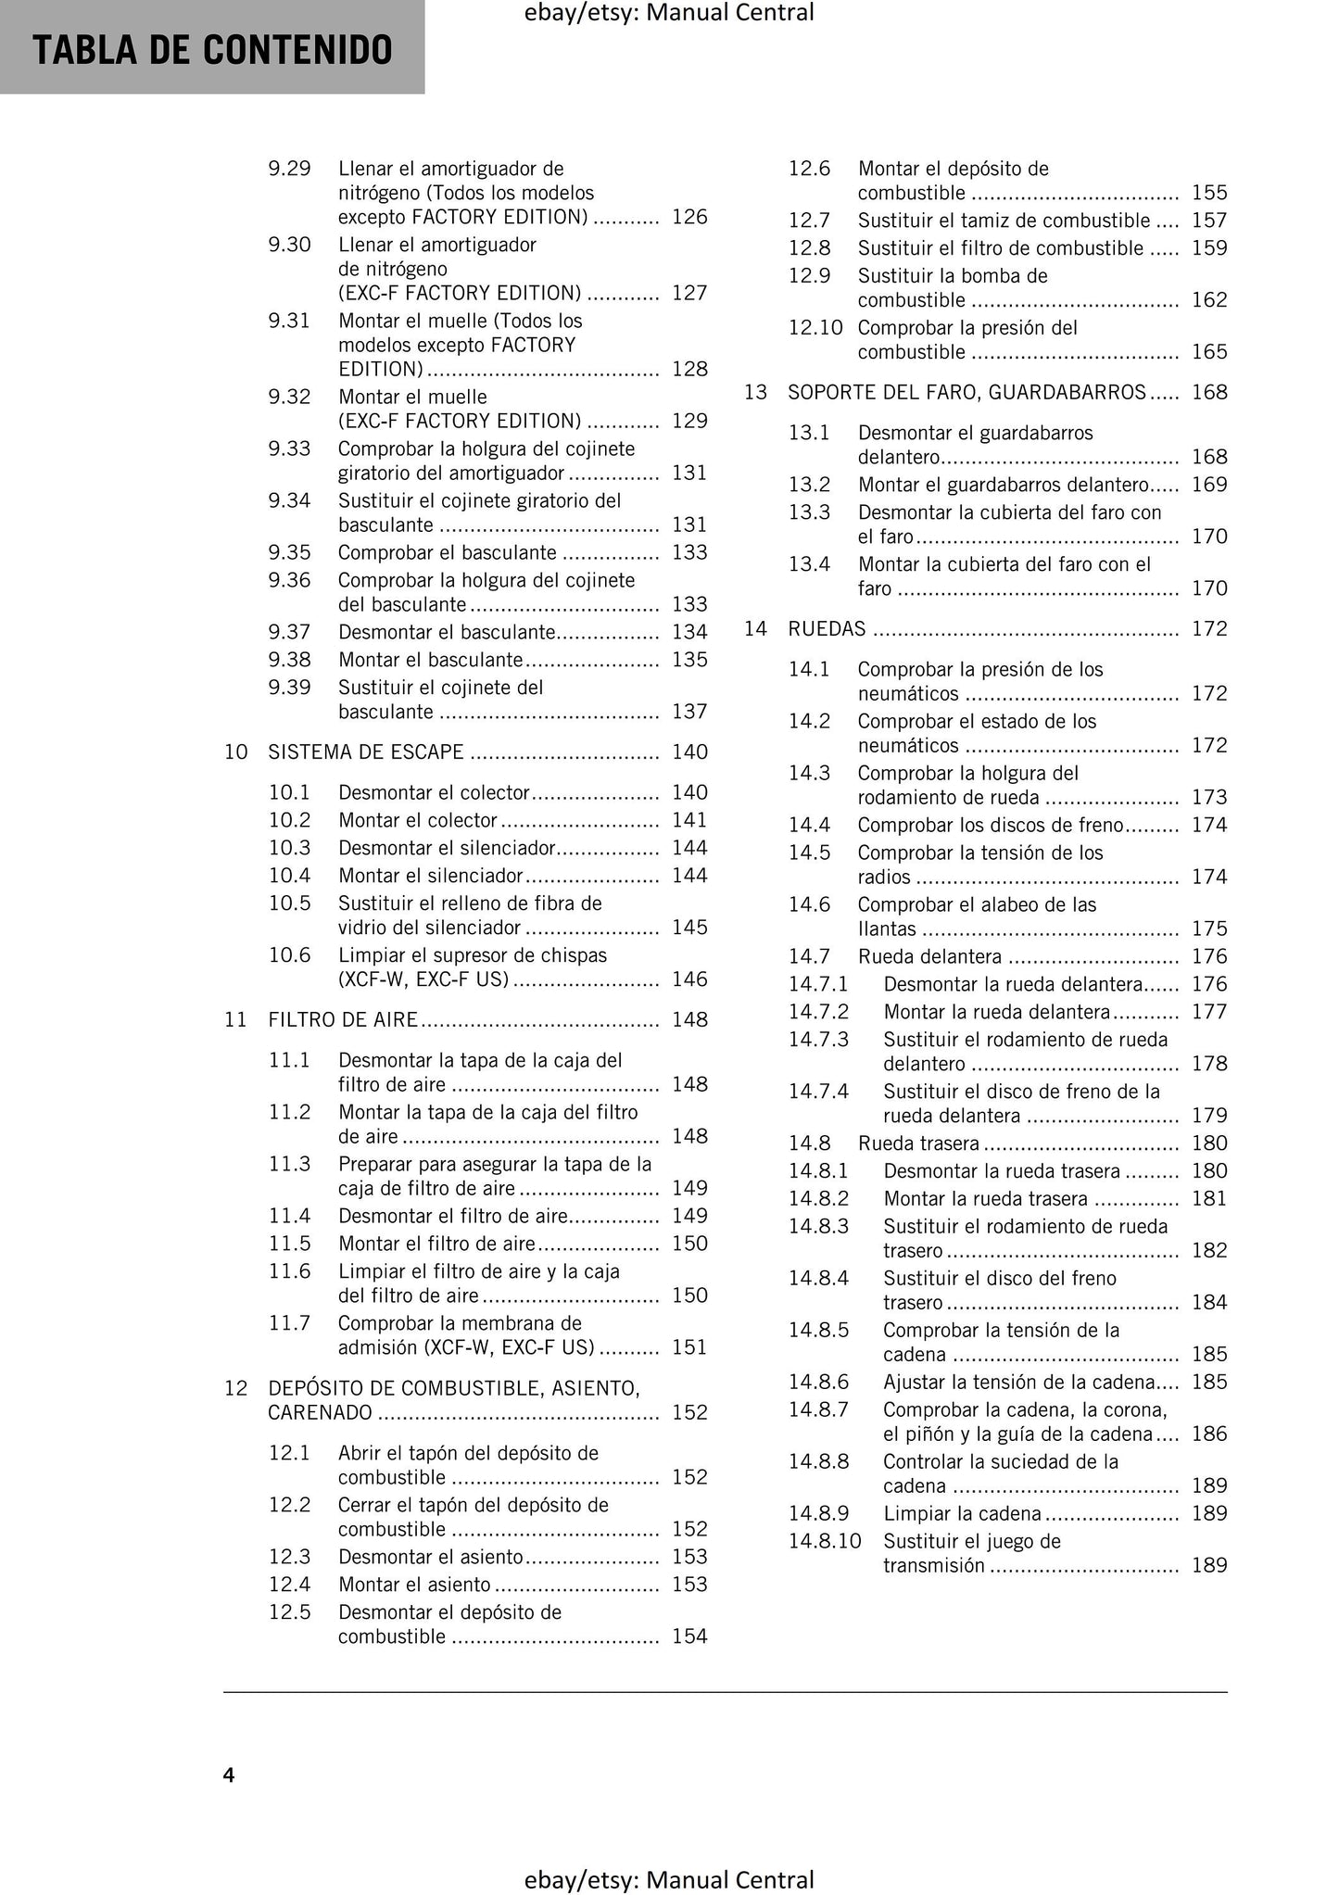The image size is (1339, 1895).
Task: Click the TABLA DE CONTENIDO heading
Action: [x=212, y=50]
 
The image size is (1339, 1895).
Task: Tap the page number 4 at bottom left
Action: [x=229, y=1774]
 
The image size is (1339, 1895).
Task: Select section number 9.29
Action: [x=289, y=169]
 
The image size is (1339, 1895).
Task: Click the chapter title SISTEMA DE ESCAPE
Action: [x=366, y=752]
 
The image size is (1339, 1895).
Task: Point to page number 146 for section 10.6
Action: [x=689, y=979]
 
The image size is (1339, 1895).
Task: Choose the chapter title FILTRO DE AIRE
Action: [x=343, y=1019]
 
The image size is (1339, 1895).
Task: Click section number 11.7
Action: [x=289, y=1323]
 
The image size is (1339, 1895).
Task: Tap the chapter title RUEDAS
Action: [x=827, y=629]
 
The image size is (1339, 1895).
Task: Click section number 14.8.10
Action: [x=825, y=1541]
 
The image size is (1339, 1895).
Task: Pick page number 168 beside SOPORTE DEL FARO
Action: [x=1209, y=392]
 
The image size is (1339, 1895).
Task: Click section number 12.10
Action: [x=815, y=328]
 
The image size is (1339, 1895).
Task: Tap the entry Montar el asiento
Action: [x=414, y=1585]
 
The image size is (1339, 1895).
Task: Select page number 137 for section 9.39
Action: [x=689, y=712]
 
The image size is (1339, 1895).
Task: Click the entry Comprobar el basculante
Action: [x=448, y=553]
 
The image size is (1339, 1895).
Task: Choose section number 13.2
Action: [x=809, y=485]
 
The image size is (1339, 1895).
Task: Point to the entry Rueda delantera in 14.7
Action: [x=929, y=956]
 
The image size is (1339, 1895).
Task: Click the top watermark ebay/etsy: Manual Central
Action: [x=669, y=13]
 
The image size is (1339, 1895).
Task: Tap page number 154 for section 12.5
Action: [x=689, y=1636]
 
